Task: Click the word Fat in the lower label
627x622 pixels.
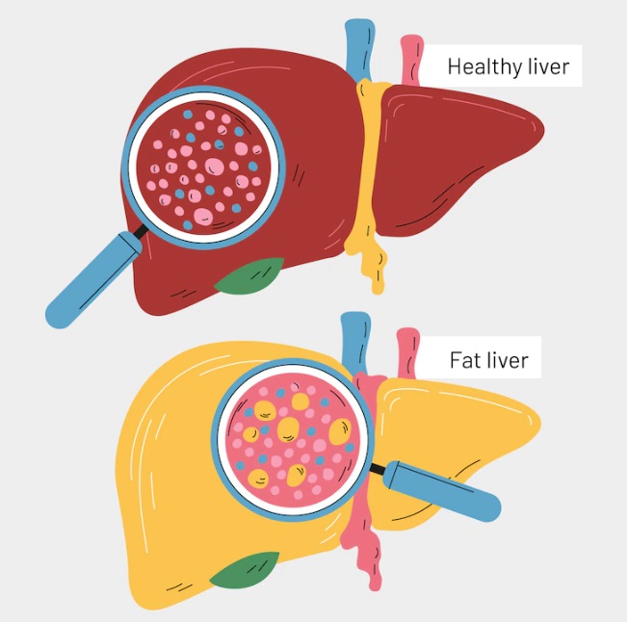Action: (x=464, y=360)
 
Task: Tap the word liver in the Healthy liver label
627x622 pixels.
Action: (x=549, y=66)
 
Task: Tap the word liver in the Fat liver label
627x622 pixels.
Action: (x=508, y=360)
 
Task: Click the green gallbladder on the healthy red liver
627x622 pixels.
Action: (x=249, y=276)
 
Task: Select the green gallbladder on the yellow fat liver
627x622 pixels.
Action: (x=245, y=570)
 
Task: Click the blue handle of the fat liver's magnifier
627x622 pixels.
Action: (x=441, y=490)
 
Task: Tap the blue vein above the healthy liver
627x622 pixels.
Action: (x=359, y=50)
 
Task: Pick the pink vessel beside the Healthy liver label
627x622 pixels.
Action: (x=411, y=60)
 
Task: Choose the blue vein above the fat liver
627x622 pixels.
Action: (x=355, y=344)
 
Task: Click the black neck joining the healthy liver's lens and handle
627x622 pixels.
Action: (x=141, y=231)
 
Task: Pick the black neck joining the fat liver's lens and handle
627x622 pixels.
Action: (x=377, y=468)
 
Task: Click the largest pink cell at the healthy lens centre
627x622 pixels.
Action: (x=215, y=167)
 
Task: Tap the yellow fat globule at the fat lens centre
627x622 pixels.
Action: (x=288, y=429)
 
